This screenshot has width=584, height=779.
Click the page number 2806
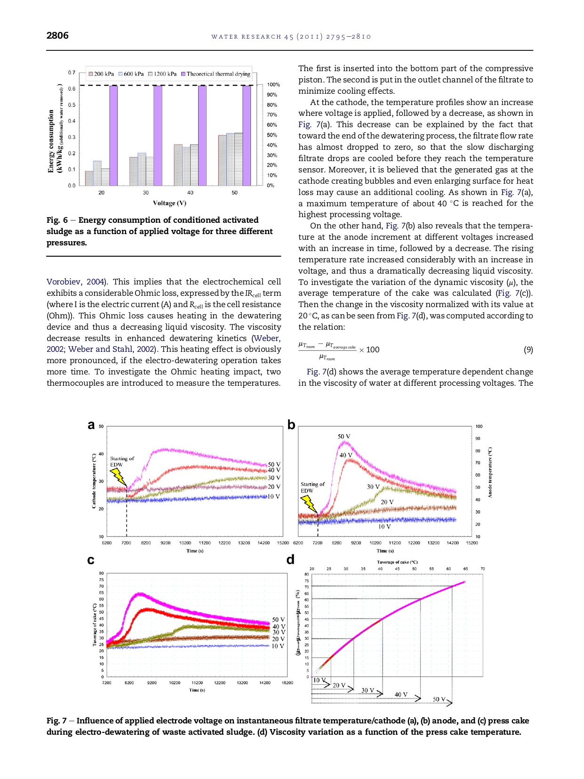click(x=57, y=36)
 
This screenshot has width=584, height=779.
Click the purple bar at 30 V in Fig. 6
click(x=158, y=135)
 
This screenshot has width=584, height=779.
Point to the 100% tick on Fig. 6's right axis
click(x=273, y=85)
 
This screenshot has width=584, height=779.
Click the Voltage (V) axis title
click(x=169, y=203)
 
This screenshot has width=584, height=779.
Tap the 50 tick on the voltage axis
click(x=234, y=193)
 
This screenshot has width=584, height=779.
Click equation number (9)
click(x=528, y=349)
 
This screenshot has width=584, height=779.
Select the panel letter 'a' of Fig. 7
click(x=91, y=425)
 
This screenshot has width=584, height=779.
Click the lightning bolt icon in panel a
click(x=118, y=477)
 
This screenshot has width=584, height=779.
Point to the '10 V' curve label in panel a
click(x=274, y=496)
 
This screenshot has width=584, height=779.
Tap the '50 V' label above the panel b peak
click(x=344, y=437)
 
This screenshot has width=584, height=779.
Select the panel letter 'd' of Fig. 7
click(x=290, y=559)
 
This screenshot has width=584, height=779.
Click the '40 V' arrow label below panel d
click(x=401, y=694)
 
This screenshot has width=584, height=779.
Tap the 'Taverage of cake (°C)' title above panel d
click(x=397, y=562)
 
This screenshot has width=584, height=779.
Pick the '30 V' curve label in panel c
click(x=279, y=632)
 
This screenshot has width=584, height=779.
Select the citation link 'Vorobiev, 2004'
click(x=75, y=282)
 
